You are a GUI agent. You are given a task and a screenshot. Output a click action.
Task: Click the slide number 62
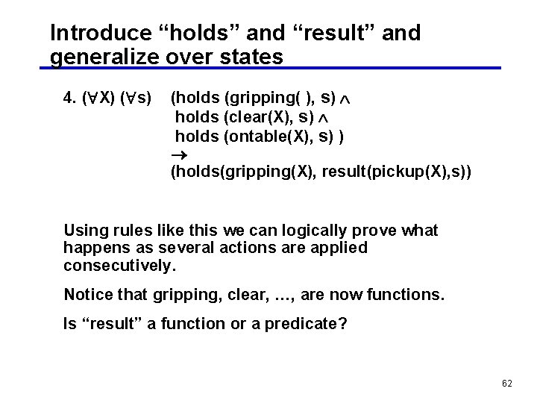[507, 384]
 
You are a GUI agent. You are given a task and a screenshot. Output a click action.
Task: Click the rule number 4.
[70, 98]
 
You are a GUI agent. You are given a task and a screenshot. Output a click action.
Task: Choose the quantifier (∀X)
[98, 98]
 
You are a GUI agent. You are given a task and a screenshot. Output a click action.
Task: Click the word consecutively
[119, 266]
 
